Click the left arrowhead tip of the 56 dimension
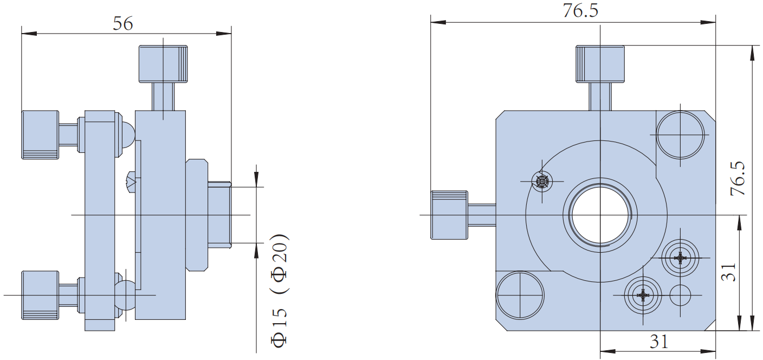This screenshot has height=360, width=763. point(22,34)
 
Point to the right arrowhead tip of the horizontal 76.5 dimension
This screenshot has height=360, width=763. point(715,23)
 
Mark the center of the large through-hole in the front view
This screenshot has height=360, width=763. point(600,215)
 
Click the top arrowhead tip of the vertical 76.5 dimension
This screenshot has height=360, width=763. point(752,46)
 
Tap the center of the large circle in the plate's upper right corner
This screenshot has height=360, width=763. point(680,135)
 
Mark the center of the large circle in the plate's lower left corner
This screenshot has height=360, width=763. point(520,295)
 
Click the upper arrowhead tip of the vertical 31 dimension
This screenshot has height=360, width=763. point(739,215)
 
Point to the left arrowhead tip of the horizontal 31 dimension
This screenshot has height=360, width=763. point(600,351)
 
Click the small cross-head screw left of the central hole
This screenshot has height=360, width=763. point(542,181)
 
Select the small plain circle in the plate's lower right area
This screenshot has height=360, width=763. point(680,295)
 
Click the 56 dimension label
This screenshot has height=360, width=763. point(123,23)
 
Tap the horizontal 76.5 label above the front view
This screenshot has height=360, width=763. point(580,10)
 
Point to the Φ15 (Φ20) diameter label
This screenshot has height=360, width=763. point(280,291)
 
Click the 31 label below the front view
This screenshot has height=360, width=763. point(659,342)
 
